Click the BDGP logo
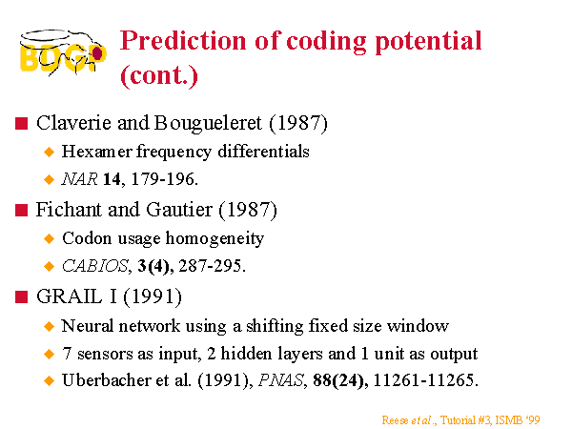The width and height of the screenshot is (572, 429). (x=63, y=52)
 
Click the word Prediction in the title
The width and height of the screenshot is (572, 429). (x=183, y=40)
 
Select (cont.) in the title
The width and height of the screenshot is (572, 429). (x=159, y=76)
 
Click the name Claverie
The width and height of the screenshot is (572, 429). (x=74, y=123)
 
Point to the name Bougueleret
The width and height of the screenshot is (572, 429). (x=208, y=124)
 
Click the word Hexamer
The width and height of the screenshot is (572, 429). (x=96, y=152)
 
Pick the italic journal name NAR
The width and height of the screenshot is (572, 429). (x=79, y=179)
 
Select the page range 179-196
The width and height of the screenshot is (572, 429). (x=164, y=179)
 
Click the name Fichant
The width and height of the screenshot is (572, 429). (x=69, y=210)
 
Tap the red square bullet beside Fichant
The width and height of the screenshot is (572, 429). (x=22, y=210)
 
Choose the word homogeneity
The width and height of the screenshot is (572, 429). (x=214, y=239)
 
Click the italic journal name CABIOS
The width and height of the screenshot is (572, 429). (x=94, y=266)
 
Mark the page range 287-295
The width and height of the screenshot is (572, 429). (x=210, y=266)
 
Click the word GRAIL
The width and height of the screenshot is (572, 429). (x=70, y=296)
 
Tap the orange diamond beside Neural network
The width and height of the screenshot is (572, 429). (x=49, y=326)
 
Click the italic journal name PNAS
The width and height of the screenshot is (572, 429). (x=281, y=380)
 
